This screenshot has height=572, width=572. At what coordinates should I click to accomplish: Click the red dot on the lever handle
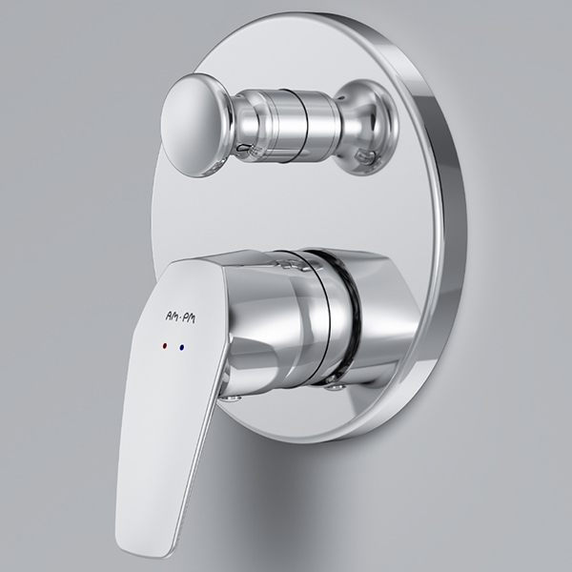coord(165,345)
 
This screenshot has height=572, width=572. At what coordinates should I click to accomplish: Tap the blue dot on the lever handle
coord(182,348)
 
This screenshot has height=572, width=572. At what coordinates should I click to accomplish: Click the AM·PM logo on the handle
coord(180,317)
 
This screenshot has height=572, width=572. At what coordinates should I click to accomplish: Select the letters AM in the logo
coord(172,316)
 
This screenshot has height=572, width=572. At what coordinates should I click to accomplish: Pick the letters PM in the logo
coord(189,318)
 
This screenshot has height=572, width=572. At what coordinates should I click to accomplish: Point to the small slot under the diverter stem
coord(245,147)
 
